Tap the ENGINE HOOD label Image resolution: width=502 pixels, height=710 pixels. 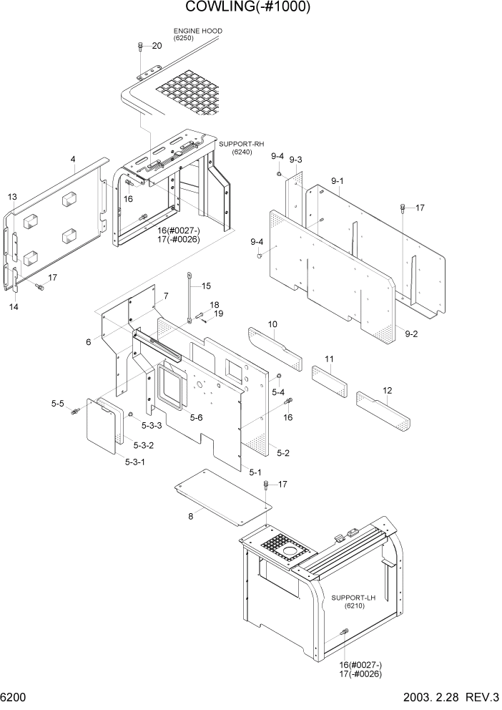197,31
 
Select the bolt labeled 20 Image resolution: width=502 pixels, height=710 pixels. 140,48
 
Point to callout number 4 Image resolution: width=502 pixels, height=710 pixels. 73,159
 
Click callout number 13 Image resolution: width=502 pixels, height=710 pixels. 12,197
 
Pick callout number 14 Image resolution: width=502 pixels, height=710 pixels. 14,306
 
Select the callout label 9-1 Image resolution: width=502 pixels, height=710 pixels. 337,182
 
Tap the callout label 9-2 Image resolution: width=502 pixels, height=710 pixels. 411,334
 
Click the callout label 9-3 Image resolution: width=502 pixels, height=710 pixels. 295,160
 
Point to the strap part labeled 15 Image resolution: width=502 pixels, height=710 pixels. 190,296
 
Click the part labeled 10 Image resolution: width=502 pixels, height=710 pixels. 275,346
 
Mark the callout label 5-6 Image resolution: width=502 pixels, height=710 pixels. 196,417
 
